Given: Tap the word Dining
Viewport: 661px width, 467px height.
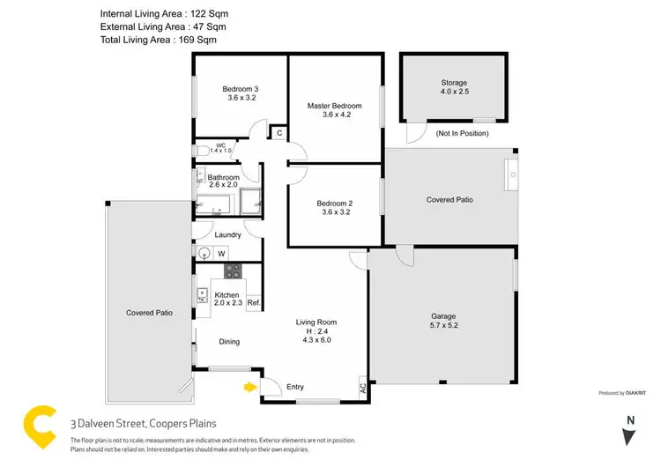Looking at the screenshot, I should pyautogui.click(x=229, y=342).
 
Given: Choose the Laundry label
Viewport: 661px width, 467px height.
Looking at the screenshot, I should pyautogui.click(x=228, y=234).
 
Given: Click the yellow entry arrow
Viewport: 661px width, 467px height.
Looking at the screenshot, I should pyautogui.click(x=250, y=385).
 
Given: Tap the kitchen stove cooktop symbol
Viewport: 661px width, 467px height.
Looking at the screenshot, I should pyautogui.click(x=233, y=271).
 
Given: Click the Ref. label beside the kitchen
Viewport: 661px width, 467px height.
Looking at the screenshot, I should pyautogui.click(x=253, y=303).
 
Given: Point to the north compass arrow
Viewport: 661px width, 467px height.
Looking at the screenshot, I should pyautogui.click(x=629, y=435).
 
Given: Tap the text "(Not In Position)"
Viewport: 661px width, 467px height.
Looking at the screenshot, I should pyautogui.click(x=462, y=133).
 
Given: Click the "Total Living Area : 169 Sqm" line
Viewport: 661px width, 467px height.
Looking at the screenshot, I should pyautogui.click(x=158, y=40).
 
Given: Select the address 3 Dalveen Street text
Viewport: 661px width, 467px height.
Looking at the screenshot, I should pyautogui.click(x=143, y=423).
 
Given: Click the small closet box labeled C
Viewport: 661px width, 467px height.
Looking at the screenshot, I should pyautogui.click(x=279, y=133).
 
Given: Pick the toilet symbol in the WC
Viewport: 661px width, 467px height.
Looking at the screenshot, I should pyautogui.click(x=201, y=149).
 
